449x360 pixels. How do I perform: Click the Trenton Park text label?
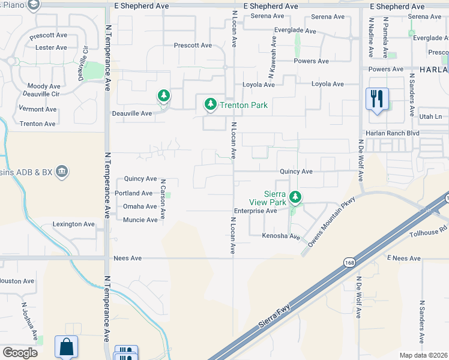[x=243, y=105]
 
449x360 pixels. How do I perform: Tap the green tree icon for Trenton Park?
[x=210, y=104]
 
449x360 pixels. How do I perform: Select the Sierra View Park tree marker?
[x=295, y=196]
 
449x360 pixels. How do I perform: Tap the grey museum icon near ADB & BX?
[x=62, y=173]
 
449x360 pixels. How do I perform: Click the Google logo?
[x=20, y=352]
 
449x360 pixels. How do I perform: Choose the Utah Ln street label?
[x=430, y=116]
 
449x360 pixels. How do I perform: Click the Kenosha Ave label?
[x=280, y=236]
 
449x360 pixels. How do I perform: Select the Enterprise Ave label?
[x=255, y=211]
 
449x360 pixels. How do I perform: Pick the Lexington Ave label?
[x=74, y=224]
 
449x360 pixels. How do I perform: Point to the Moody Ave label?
[x=44, y=86]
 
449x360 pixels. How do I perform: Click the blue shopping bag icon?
[x=66, y=346]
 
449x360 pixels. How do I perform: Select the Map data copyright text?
[x=424, y=355]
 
